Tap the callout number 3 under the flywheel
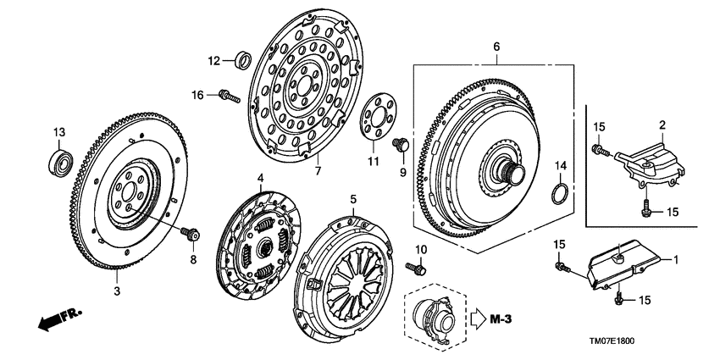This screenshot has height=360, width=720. [118, 291]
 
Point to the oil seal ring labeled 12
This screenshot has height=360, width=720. [241, 60]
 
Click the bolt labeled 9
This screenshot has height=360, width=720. [401, 148]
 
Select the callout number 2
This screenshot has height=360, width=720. [662, 125]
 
